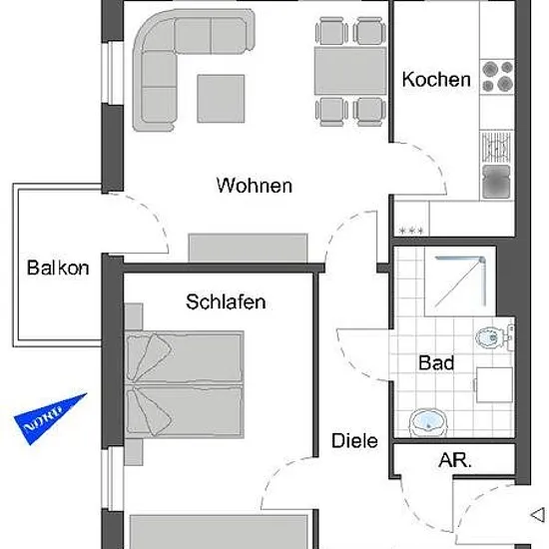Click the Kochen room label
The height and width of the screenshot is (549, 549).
(436, 80)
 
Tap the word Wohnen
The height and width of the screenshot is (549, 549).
(255, 186)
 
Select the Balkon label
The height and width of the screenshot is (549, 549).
(58, 268)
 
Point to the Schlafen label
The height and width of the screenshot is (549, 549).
(226, 301)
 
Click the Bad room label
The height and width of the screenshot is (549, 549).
(436, 362)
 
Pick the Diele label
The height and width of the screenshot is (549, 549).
(354, 440)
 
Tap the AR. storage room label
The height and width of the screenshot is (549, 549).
(455, 460)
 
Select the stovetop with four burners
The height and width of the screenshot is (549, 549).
(497, 76)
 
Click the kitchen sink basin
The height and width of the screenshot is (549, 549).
(496, 182)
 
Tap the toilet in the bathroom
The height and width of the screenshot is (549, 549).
(494, 336)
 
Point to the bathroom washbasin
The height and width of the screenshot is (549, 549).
(428, 422)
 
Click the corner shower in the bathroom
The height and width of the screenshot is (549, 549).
(460, 281)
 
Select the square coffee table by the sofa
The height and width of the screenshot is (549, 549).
(221, 99)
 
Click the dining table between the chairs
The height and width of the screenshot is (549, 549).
(350, 71)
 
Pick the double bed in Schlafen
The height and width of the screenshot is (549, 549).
(185, 384)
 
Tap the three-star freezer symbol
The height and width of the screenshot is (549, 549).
(411, 231)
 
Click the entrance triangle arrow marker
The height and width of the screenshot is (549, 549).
(538, 515)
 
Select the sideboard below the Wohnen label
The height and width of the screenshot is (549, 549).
(248, 248)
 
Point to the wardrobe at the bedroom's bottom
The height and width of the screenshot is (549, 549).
(220, 531)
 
